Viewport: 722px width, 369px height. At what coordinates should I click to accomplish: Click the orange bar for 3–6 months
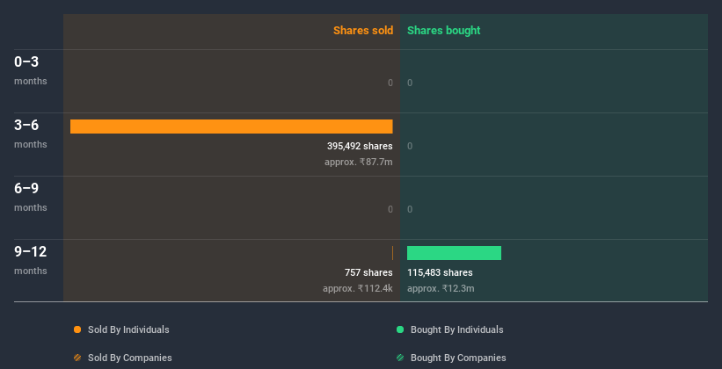(x=231, y=127)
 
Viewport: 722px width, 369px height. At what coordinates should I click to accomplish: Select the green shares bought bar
(x=454, y=253)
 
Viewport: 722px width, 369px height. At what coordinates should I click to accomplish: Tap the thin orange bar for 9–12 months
(x=392, y=253)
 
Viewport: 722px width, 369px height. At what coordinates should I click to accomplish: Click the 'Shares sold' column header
(x=362, y=31)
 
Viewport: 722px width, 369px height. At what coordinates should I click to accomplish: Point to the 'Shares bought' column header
(x=443, y=31)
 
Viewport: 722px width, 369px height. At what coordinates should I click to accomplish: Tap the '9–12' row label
(x=31, y=252)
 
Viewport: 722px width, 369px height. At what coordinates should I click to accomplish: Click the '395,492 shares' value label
(x=360, y=146)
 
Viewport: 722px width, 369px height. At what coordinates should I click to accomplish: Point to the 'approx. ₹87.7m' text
(x=358, y=163)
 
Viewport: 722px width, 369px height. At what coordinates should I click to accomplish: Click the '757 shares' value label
(x=368, y=272)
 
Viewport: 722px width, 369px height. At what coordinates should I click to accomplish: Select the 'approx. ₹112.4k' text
(x=357, y=289)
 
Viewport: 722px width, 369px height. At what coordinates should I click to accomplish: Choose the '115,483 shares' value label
(x=440, y=272)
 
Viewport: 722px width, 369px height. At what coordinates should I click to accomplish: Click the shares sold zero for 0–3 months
(x=390, y=83)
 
